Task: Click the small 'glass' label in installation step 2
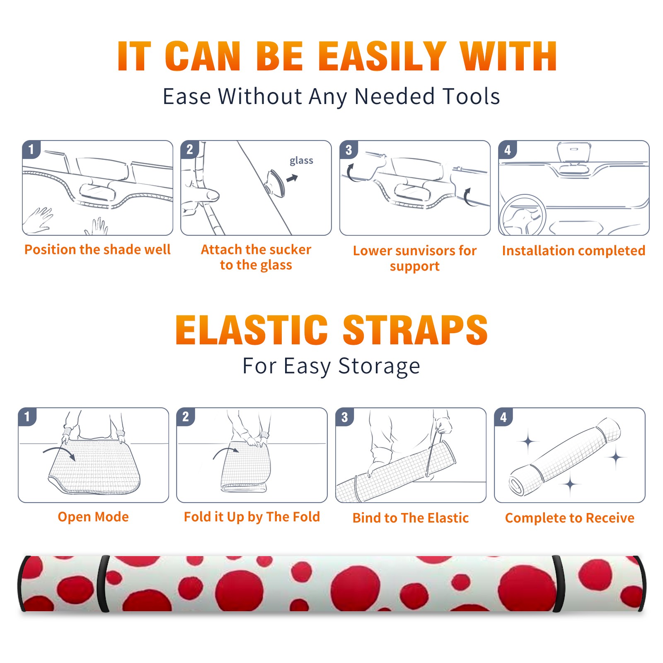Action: pyautogui.click(x=301, y=161)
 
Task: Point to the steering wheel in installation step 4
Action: pyautogui.click(x=522, y=215)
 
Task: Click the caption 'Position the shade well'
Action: pyautogui.click(x=97, y=249)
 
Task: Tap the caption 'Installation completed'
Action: pyautogui.click(x=573, y=250)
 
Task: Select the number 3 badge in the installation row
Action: pyautogui.click(x=348, y=150)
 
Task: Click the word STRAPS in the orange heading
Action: pyautogui.click(x=415, y=330)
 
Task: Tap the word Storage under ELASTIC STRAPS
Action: pyautogui.click(x=379, y=366)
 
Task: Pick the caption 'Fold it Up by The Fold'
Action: pyautogui.click(x=252, y=517)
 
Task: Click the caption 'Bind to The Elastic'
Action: pyautogui.click(x=411, y=518)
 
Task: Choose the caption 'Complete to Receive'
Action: pyautogui.click(x=570, y=518)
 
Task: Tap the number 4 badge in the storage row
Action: pyautogui.click(x=503, y=417)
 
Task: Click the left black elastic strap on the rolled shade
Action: pyautogui.click(x=103, y=584)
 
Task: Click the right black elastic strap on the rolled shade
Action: pyautogui.click(x=559, y=584)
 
